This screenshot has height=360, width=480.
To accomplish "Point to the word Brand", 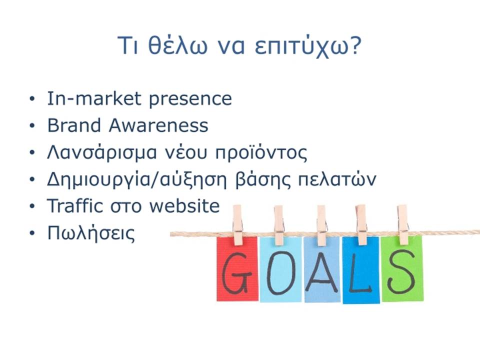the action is (74, 125).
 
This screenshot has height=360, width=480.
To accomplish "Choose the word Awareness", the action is (158, 125).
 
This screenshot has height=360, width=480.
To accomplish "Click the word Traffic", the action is (74, 205).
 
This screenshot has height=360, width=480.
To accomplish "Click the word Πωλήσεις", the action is (91, 233).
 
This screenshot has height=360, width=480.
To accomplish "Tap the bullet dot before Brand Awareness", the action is (32, 126).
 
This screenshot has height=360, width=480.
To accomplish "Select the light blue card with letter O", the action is (280, 269).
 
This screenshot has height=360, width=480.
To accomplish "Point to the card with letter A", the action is (322, 269).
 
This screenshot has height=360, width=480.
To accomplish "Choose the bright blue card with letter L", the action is (361, 270).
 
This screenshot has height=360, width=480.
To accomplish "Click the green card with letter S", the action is (402, 268).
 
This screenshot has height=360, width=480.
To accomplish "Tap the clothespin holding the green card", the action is (403, 224).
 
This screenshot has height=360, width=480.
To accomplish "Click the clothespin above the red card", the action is (237, 225).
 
